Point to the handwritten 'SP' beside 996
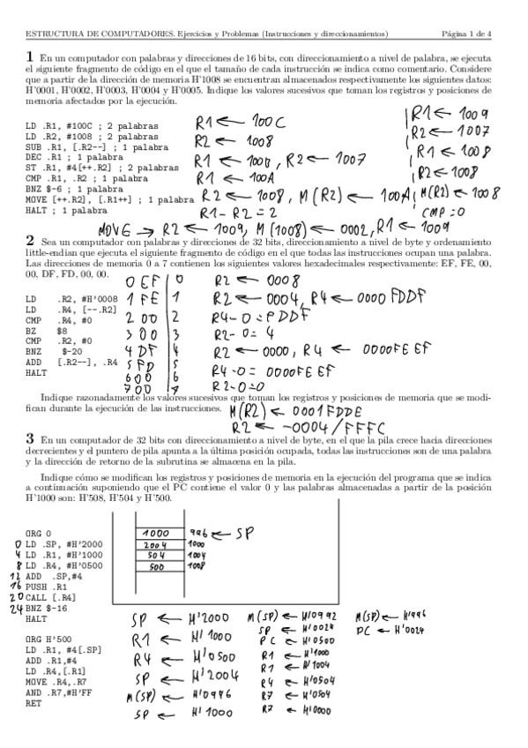coord(238,535)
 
